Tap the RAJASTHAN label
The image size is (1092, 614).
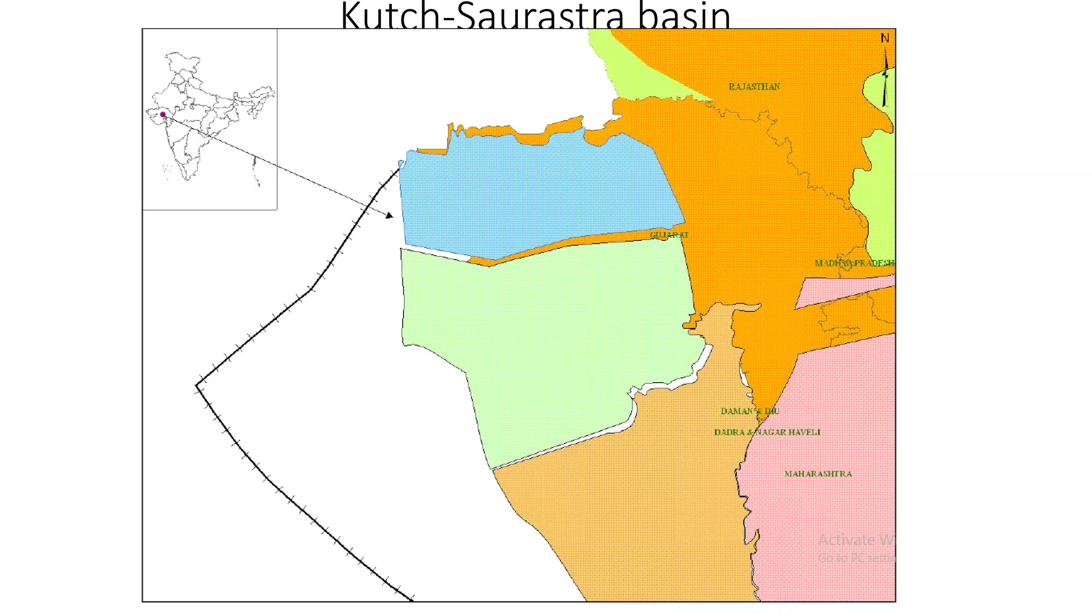point(754,86)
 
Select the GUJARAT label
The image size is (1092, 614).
point(669,235)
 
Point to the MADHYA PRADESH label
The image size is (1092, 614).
point(854,263)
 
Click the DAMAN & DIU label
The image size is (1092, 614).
point(750,411)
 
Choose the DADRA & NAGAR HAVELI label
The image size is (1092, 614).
point(767,432)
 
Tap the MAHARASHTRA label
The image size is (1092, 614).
point(818,473)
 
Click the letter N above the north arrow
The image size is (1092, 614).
point(885,38)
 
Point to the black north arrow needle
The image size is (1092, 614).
point(886,80)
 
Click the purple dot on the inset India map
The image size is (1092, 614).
point(163,115)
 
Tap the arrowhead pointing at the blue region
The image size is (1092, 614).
point(390,215)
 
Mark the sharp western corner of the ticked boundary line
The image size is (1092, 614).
point(197,385)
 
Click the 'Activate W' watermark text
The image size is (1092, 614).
point(856,540)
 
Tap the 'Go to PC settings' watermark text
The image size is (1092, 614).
point(856,558)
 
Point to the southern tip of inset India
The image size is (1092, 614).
point(187,180)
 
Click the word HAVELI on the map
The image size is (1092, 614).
point(804,432)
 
